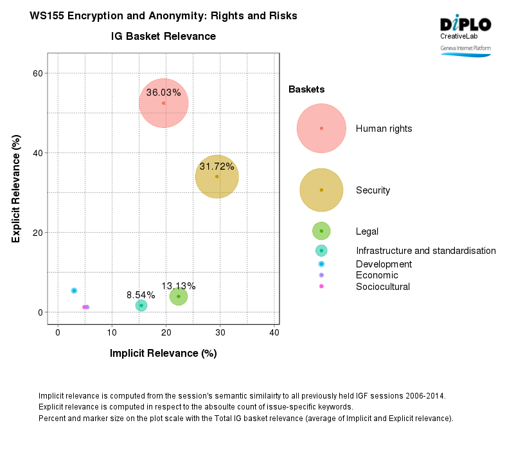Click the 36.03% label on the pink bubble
pos(163,93)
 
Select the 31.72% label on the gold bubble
pos(217,166)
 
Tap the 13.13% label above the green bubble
pos(178,286)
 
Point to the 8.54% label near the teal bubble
pos(141,295)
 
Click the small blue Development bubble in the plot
pos(74,291)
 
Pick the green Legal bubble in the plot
pos(179,296)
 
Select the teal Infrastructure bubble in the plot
pos(141,305)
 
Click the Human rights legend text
pos(384,129)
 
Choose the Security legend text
pos(373,190)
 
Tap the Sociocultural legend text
pos(382,287)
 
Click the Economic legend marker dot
pos(321,275)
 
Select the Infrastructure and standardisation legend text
pos(425,251)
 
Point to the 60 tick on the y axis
pos(38,73)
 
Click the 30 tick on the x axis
pos(220,332)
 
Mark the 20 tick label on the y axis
pos(38,233)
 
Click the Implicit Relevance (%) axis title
pos(163,353)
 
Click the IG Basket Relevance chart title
pos(163,37)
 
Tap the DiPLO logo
pos(465,25)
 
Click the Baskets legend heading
pos(306,89)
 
